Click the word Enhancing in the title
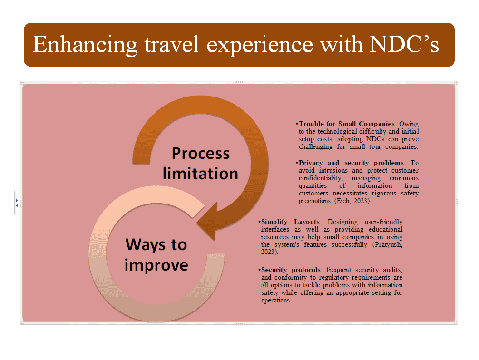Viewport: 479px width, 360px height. tap(85, 45)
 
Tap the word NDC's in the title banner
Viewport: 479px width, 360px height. tap(404, 44)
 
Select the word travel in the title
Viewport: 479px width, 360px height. tap(171, 44)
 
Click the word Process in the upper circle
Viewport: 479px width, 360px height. tap(200, 153)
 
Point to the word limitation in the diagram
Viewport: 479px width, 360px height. tap(200, 174)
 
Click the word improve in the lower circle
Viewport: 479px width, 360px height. tap(156, 265)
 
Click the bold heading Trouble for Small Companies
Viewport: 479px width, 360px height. tap(347, 124)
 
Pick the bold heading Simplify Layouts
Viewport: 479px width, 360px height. tap(290, 222)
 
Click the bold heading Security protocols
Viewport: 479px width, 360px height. tap(291, 270)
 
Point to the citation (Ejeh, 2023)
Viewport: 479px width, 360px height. tap(352, 201)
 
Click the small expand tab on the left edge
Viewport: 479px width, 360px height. tap(17, 203)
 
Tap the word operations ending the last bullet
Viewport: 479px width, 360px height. tap(276, 300)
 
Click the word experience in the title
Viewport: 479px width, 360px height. tap(260, 45)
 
